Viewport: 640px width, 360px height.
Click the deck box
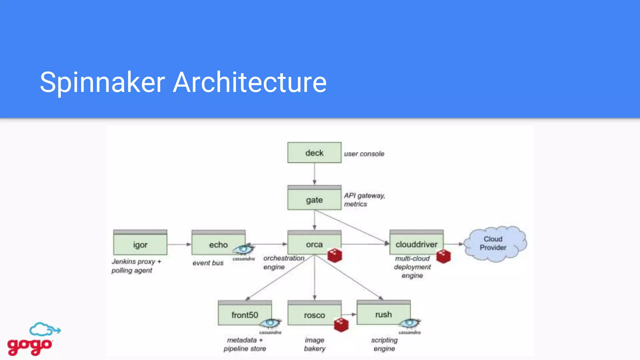pos(314,153)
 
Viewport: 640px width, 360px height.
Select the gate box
pos(314,199)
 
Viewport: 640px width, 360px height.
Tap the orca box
pos(314,244)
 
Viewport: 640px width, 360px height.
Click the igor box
pos(140,244)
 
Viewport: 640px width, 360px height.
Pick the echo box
pos(218,244)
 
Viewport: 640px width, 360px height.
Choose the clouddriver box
pos(416,244)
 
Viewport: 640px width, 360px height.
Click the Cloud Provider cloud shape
pos(494,243)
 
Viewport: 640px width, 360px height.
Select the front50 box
pos(245,314)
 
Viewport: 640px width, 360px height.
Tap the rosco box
pos(314,315)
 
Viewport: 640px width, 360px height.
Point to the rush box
pos(383,314)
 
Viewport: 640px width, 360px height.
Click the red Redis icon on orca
pos(335,256)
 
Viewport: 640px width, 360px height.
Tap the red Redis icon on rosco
pos(341,325)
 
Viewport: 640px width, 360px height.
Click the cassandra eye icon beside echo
pos(243,250)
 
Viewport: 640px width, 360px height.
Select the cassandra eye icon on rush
pos(409,323)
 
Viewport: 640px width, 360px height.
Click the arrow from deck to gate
pos(314,174)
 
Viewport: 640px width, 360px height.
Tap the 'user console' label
pos(364,154)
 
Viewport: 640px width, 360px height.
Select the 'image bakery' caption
pos(314,344)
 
